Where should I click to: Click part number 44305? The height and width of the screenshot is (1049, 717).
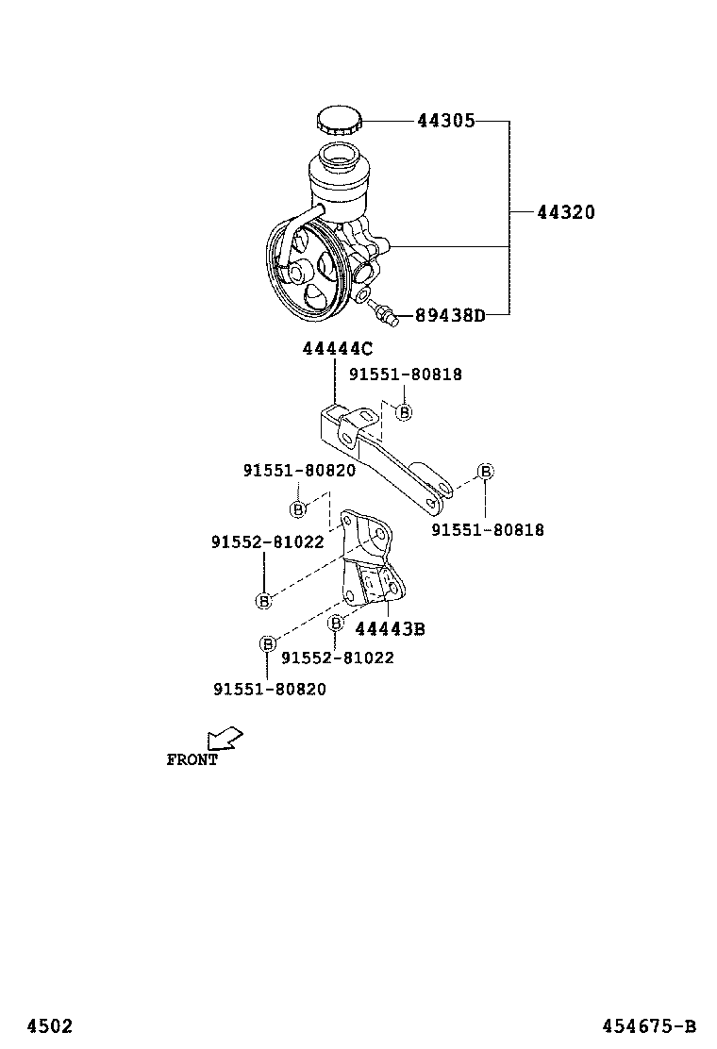click(445, 121)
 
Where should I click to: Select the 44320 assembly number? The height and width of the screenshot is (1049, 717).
click(566, 213)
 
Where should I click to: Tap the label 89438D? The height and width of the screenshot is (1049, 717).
click(450, 315)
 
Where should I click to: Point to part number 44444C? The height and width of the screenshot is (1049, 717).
click(337, 349)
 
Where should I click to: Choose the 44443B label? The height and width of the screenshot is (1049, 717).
click(390, 629)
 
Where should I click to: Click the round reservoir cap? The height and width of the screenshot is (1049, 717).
click(338, 123)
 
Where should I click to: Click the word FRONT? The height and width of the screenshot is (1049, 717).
click(192, 759)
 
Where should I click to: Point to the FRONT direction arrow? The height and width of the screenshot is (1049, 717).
click(225, 738)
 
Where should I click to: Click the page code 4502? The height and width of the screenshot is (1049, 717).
click(48, 1026)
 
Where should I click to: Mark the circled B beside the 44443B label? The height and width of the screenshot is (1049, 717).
click(335, 623)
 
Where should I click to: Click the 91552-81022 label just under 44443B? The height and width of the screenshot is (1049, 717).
click(337, 658)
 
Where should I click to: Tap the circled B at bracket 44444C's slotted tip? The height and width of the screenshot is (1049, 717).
click(485, 472)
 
